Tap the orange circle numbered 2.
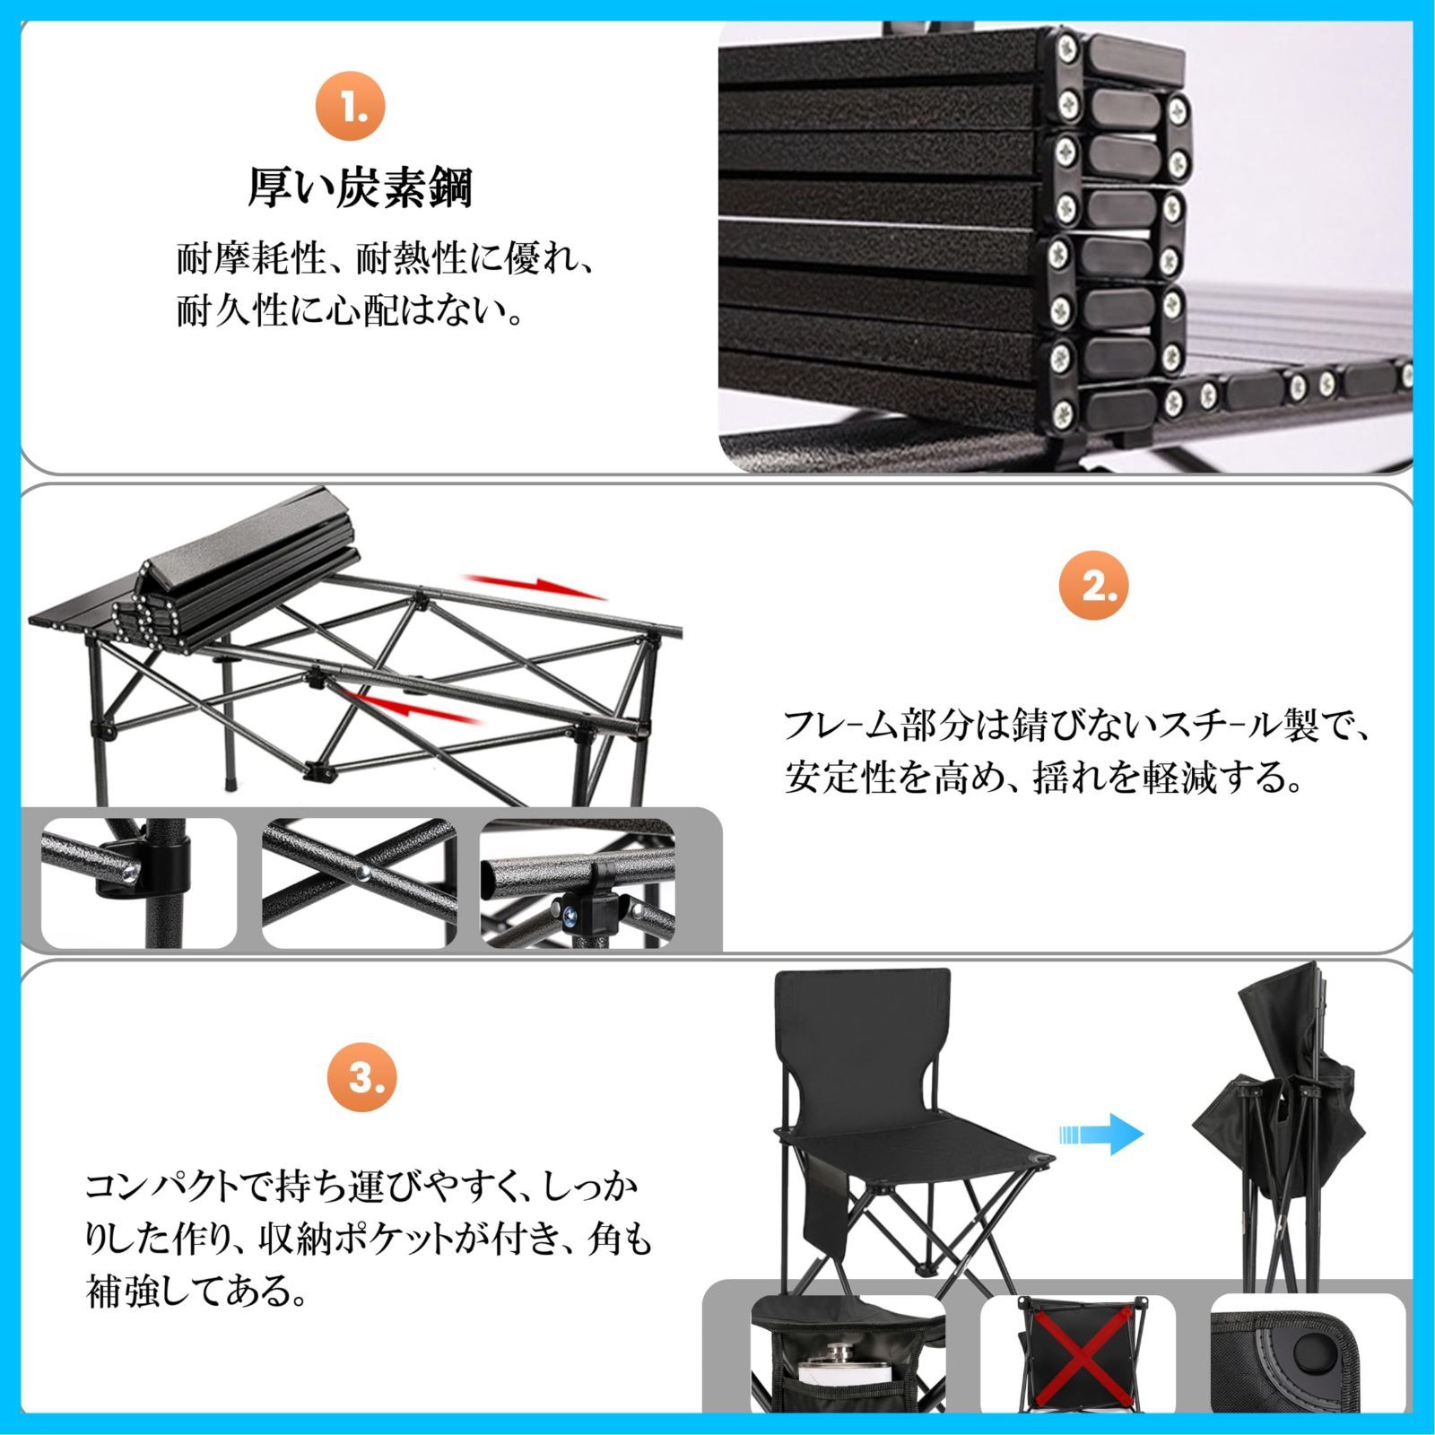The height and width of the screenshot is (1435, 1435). tap(1091, 587)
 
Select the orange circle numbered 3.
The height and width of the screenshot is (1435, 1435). tap(362, 1077)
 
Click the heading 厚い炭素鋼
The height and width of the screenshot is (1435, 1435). tap(361, 189)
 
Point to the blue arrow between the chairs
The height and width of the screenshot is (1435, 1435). tap(1102, 1134)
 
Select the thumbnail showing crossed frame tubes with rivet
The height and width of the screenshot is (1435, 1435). tap(360, 882)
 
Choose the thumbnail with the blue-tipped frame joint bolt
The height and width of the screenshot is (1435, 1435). tap(578, 882)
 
